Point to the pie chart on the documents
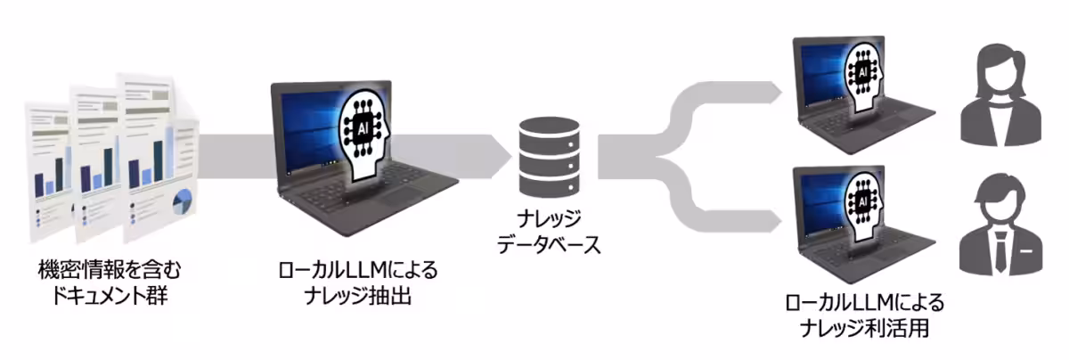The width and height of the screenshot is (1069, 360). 182,202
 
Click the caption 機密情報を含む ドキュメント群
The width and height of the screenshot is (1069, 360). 102,281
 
